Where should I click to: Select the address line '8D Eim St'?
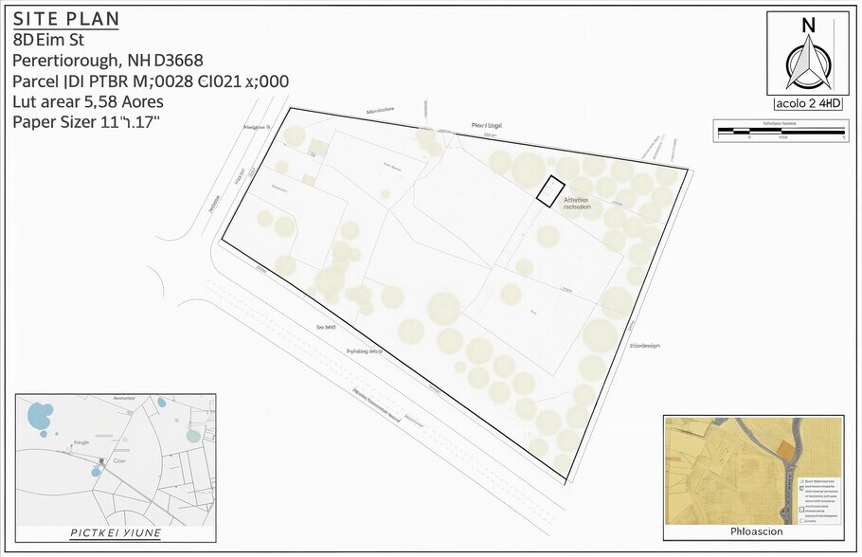click(x=48, y=40)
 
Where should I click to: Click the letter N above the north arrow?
click(x=808, y=26)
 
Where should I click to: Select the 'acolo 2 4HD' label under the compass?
click(x=808, y=104)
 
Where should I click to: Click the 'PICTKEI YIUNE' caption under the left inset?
click(x=116, y=533)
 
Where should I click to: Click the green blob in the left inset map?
click(x=193, y=436)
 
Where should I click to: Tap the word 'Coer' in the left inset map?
click(x=120, y=461)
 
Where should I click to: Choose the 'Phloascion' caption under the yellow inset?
click(x=752, y=532)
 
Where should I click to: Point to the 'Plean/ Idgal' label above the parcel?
click(x=487, y=125)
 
